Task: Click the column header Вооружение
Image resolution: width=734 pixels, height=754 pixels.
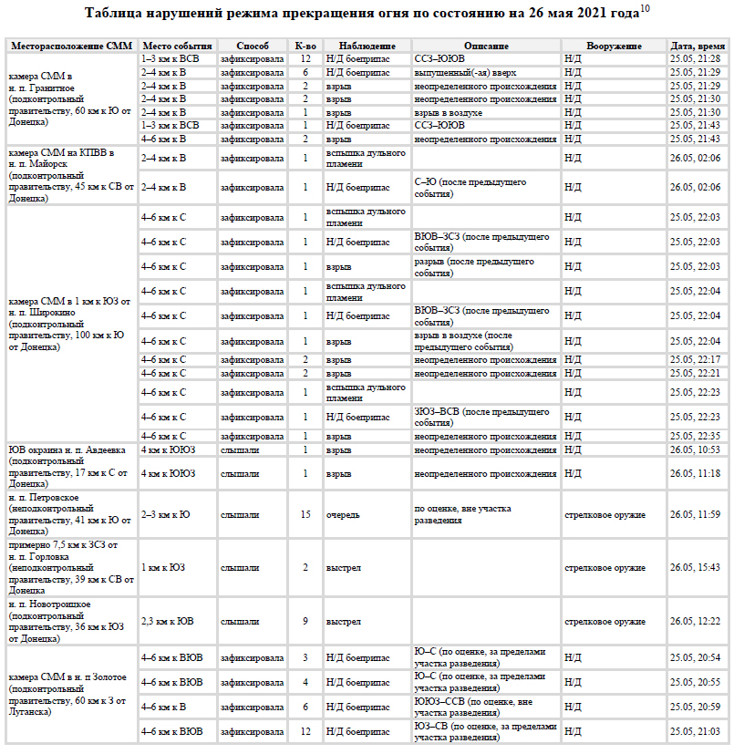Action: point(613,46)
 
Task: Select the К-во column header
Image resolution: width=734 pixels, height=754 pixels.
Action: point(305,46)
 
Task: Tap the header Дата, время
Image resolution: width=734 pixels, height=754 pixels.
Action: point(698,46)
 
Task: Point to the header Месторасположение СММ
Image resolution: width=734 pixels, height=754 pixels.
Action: point(72,46)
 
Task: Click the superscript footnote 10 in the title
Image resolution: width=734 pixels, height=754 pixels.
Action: point(645,9)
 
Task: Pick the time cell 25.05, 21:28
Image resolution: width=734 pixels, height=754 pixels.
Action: point(695,58)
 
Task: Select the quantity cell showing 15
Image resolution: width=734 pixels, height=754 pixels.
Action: point(305,514)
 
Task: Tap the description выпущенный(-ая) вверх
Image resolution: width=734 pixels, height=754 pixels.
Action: point(458,72)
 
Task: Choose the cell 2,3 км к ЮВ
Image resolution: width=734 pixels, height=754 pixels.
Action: point(167,622)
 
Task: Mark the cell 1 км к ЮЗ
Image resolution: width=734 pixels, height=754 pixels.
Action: point(163,568)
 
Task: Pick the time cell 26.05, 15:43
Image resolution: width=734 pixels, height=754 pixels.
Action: point(695,568)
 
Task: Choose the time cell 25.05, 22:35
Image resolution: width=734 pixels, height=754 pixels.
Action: point(695,436)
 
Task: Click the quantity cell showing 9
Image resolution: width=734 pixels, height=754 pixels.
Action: point(305,622)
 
